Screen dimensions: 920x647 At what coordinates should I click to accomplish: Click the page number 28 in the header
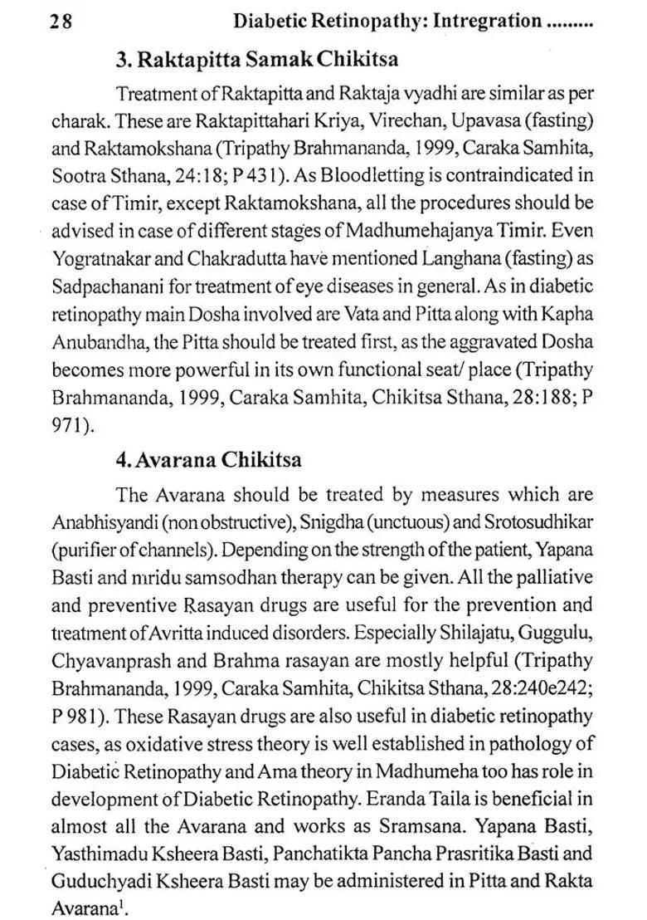pyautogui.click(x=61, y=22)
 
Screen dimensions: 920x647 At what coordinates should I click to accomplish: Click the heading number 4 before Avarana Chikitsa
pyautogui.click(x=123, y=458)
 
